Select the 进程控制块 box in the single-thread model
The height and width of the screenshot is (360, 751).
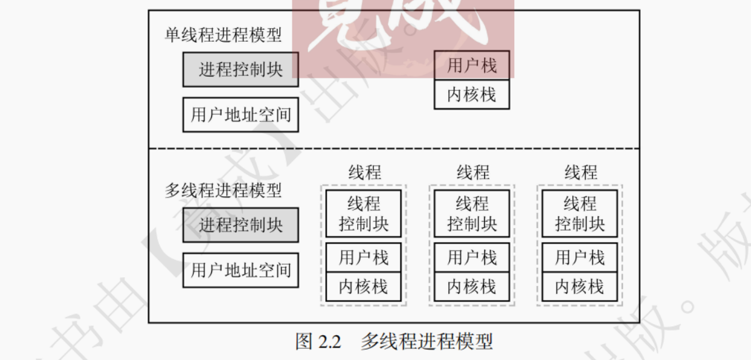(x=241, y=69)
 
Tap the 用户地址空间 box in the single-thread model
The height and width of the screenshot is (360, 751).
(x=241, y=115)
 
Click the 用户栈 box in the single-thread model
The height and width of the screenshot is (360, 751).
(x=472, y=65)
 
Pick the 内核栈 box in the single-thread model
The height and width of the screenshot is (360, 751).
(x=472, y=95)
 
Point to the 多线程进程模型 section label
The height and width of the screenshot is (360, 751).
(x=223, y=190)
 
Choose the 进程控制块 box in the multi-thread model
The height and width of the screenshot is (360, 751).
(x=241, y=225)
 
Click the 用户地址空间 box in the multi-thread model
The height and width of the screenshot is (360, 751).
(x=241, y=270)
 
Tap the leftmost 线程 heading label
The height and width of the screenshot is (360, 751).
(x=365, y=172)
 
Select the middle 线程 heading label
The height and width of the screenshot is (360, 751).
(x=473, y=172)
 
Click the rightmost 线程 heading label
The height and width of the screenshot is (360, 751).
(x=581, y=172)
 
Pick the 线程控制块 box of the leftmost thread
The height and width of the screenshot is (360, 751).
(x=363, y=214)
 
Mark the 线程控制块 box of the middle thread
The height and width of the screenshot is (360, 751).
(x=472, y=214)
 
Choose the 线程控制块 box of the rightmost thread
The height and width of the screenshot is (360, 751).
(x=580, y=214)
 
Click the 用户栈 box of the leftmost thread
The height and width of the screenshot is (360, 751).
(x=363, y=257)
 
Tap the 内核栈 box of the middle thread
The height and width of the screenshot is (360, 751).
(x=472, y=287)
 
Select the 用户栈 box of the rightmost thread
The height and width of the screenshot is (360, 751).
(x=580, y=257)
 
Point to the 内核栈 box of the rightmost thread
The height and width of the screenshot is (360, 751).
(x=580, y=287)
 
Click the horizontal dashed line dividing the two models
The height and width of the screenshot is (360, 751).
(x=394, y=149)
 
